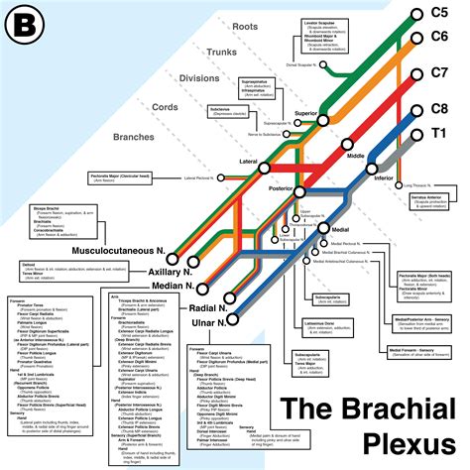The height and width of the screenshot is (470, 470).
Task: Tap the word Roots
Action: tap(243, 23)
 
